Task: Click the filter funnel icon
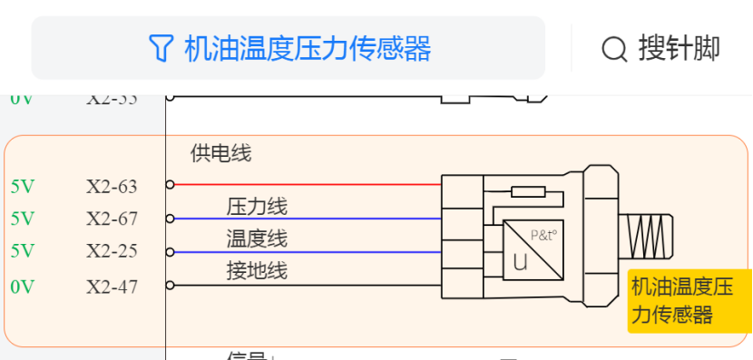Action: click(x=160, y=48)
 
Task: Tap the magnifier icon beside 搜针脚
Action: click(x=614, y=48)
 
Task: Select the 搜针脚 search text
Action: click(x=679, y=48)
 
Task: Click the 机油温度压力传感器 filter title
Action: click(x=307, y=48)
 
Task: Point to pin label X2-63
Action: click(x=112, y=187)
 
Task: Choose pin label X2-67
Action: click(x=112, y=219)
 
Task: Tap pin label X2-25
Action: click(x=112, y=250)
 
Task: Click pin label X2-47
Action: click(x=112, y=287)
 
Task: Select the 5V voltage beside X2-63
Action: click(x=23, y=187)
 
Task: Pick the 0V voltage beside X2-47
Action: click(x=23, y=287)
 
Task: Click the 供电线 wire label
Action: click(x=220, y=153)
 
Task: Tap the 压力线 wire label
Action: click(x=257, y=207)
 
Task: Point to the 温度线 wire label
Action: click(x=257, y=238)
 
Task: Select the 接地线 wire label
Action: click(x=257, y=270)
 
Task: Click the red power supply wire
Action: click(x=308, y=184)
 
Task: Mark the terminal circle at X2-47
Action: click(x=170, y=287)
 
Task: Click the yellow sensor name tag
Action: click(x=689, y=301)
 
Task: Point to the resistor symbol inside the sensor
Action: click(x=528, y=191)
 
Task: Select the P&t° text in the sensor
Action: click(x=543, y=235)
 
